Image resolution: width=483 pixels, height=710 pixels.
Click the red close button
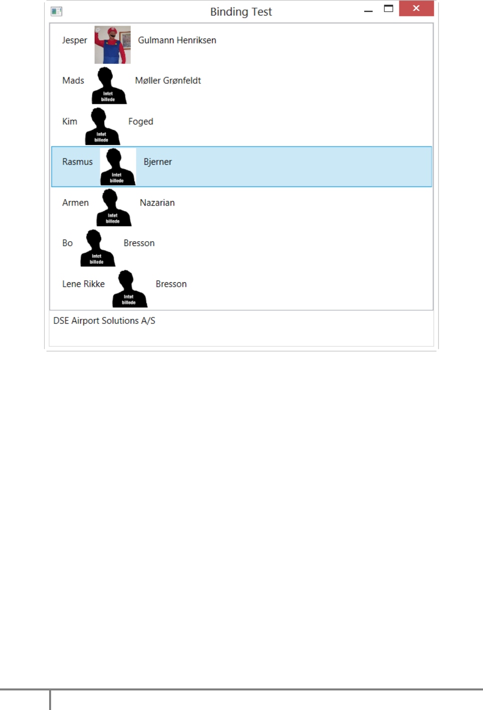click(416, 9)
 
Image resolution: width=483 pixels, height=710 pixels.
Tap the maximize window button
click(388, 9)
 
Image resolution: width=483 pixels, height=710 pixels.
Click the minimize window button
click(368, 11)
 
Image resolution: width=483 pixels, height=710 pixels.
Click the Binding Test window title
click(241, 12)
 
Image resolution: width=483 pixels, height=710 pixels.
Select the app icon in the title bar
click(57, 11)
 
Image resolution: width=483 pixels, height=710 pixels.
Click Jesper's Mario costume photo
click(113, 45)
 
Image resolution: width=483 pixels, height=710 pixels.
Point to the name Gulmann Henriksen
click(177, 40)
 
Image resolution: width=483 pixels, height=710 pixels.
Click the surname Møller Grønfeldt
click(168, 81)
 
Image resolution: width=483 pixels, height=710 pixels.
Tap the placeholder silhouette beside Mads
click(108, 86)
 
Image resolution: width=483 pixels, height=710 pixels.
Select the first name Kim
click(70, 121)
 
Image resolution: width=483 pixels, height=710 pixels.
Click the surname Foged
click(141, 121)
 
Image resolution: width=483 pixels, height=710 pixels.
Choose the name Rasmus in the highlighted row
click(78, 162)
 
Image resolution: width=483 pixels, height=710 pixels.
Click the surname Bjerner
click(158, 162)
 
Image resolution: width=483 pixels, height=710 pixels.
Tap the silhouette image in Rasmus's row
click(117, 167)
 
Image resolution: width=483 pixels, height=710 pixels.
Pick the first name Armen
click(76, 203)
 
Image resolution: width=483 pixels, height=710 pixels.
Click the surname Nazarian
click(157, 203)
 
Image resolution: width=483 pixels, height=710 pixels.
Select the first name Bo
click(68, 243)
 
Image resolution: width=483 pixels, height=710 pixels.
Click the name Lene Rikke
click(84, 284)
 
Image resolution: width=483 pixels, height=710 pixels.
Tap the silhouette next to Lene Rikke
click(129, 289)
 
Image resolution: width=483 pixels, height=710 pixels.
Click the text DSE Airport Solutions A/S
click(104, 321)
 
